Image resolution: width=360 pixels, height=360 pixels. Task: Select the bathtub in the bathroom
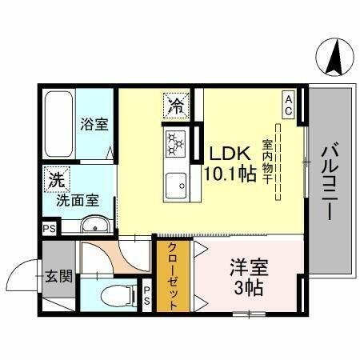(x=58, y=126)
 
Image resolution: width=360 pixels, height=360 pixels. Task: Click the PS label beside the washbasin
(x=49, y=227)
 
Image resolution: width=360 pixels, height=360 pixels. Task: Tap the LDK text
(x=227, y=154)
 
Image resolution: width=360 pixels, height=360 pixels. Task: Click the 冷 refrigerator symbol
(x=176, y=104)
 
